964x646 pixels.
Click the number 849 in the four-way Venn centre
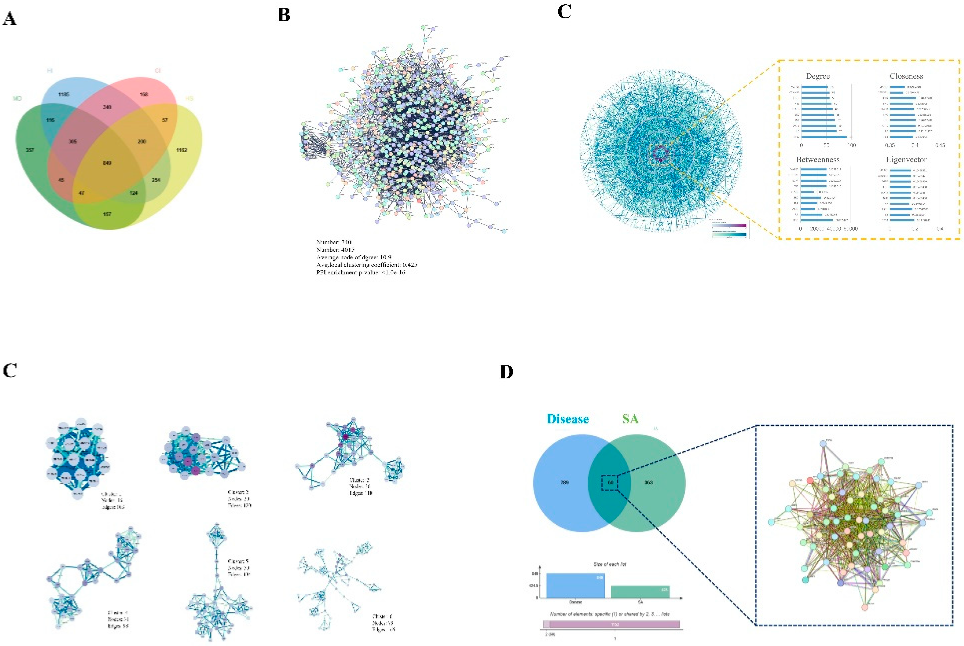107,163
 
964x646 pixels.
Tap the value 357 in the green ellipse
30,150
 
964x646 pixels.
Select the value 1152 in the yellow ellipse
181,150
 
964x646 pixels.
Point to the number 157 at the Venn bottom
107,214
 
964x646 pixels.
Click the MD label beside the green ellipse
17,99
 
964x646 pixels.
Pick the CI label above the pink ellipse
158,71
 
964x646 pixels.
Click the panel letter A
10,19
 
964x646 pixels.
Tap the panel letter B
284,15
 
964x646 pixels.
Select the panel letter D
507,372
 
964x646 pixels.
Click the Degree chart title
817,76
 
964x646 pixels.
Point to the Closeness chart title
906,76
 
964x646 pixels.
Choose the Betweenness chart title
817,159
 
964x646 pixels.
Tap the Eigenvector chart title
906,159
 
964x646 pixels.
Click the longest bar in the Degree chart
824,137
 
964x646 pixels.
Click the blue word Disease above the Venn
568,419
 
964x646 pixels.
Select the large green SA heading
630,419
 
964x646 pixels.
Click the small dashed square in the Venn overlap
610,483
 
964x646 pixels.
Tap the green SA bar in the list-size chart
640,592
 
